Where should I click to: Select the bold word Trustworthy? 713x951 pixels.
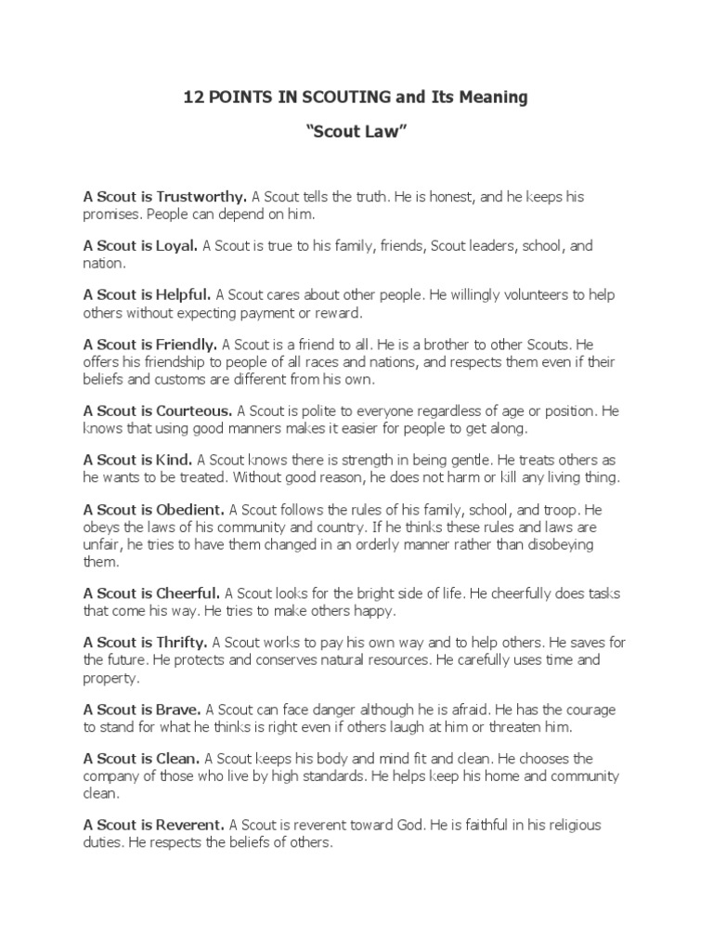click(x=201, y=197)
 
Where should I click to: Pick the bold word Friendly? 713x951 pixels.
click(x=187, y=345)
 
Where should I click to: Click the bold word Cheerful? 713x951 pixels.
click(x=188, y=592)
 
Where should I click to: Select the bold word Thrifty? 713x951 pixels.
click(x=184, y=641)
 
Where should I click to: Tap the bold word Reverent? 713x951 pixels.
click(x=191, y=825)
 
